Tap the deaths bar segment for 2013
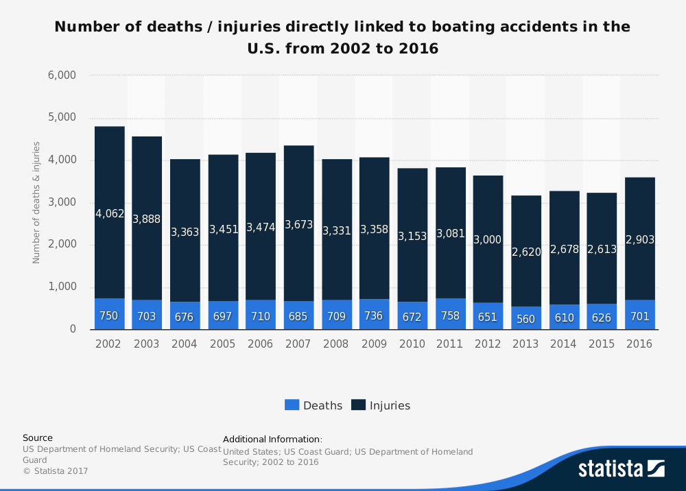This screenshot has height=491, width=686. (x=525, y=318)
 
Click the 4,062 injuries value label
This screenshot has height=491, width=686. (x=110, y=214)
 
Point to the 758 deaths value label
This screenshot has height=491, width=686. (x=450, y=316)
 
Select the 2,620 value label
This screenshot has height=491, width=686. (x=526, y=252)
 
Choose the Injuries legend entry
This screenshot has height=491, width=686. (x=381, y=405)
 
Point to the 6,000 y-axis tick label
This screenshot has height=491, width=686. (x=62, y=75)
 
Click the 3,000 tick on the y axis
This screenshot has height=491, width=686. (x=62, y=203)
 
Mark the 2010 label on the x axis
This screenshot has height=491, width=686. (x=412, y=344)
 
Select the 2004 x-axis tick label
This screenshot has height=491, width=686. (x=185, y=344)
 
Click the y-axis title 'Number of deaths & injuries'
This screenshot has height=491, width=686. (x=37, y=202)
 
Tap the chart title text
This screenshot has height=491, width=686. (x=342, y=38)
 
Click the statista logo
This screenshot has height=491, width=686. (x=621, y=469)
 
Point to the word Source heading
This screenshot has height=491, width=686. (x=38, y=438)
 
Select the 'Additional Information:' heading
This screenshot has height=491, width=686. (x=272, y=439)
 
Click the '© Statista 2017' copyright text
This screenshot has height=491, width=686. (x=56, y=471)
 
